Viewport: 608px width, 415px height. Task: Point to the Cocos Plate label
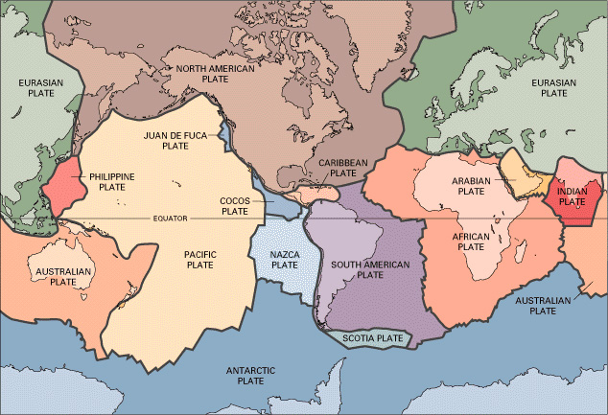(x=235, y=205)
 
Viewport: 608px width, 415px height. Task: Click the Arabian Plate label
(x=472, y=186)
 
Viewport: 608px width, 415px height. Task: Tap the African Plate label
(x=471, y=241)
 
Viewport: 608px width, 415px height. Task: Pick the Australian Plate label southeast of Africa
(x=542, y=306)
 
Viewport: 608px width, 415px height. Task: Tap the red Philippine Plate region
(x=65, y=187)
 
